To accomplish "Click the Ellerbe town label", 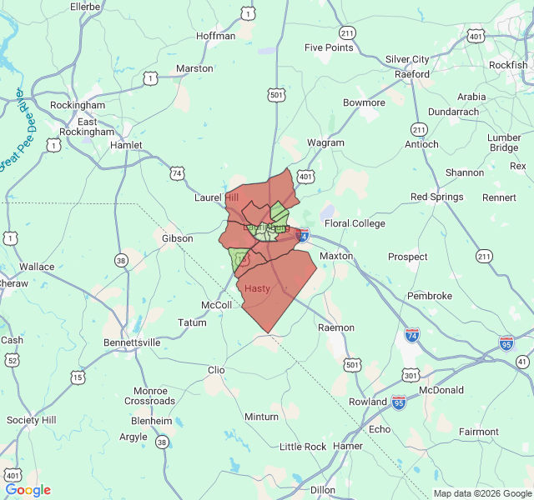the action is pos(85,7).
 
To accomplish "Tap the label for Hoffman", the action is pos(216,36).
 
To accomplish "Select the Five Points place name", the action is pos(329,47).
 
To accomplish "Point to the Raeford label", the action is pos(412,73).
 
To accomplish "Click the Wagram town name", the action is pos(325,142).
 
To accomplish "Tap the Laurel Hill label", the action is pos(216,197).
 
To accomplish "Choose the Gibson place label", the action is pos(177,238).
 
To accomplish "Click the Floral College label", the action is pos(355,223).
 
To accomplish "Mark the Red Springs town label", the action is pos(436,197).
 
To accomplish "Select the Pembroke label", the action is pos(430,296).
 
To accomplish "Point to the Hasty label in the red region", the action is pos(258,288).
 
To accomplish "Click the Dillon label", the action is pos(322,490).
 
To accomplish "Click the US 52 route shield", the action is pos(12,359).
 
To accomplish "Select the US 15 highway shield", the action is pos(78,377).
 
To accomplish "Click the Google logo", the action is pos(28,490).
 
